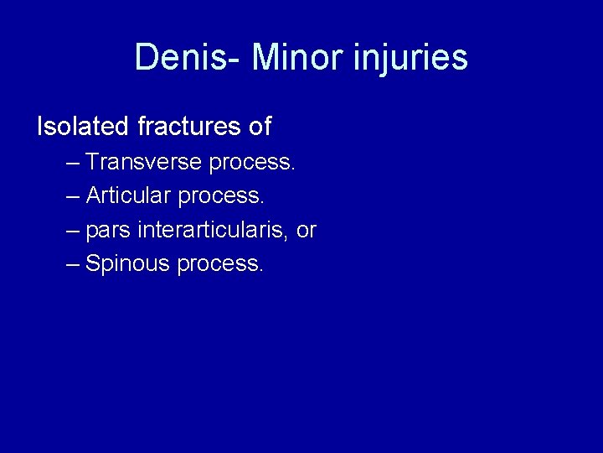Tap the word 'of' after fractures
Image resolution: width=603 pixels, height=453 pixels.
(260, 127)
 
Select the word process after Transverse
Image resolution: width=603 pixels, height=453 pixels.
(252, 163)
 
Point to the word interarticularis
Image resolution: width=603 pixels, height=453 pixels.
(214, 230)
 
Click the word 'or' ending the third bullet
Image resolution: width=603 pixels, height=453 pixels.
(306, 231)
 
